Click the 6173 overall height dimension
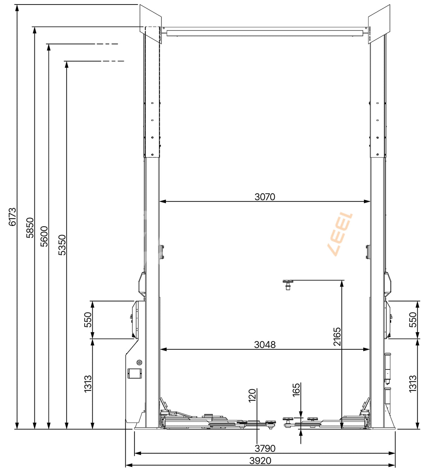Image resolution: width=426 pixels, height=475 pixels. coord(12,217)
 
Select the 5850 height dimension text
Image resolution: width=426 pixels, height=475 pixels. coord(30,228)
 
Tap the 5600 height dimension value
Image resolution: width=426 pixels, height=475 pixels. coord(44,236)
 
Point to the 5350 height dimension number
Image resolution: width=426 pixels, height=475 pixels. coord(62,245)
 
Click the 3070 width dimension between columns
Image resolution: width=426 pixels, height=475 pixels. coord(265,197)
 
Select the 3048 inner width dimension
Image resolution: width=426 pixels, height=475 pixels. coord(265,345)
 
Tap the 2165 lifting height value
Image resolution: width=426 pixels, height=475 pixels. coord(337,337)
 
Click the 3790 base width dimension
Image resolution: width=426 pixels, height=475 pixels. coord(265,449)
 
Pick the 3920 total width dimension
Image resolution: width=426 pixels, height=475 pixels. coord(260,461)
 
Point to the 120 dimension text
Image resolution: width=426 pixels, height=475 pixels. coord(252,395)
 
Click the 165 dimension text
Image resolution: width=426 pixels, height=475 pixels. coord(296,390)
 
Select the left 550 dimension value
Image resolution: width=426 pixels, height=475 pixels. coord(88,320)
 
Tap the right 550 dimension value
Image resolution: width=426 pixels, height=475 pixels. coord(413,320)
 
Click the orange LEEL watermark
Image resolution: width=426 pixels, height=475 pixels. coord(340,234)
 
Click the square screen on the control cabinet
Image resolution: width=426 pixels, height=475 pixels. coord(135,373)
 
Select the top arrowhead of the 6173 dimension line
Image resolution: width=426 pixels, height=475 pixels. coord(16,8)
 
